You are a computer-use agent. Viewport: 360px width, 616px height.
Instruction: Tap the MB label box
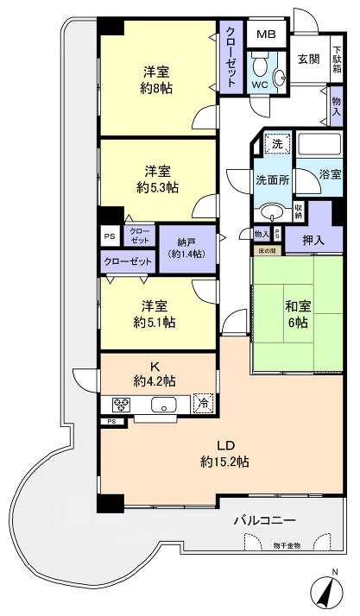tap(266, 35)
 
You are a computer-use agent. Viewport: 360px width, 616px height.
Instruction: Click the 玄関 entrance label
tap(307, 59)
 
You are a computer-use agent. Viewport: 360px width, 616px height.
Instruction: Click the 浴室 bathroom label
tap(330, 174)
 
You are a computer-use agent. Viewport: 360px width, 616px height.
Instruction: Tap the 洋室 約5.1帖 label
tap(155, 314)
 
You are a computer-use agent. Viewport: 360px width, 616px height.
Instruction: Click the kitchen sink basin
tap(162, 404)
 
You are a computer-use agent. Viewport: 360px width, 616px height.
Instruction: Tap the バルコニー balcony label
tap(265, 520)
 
